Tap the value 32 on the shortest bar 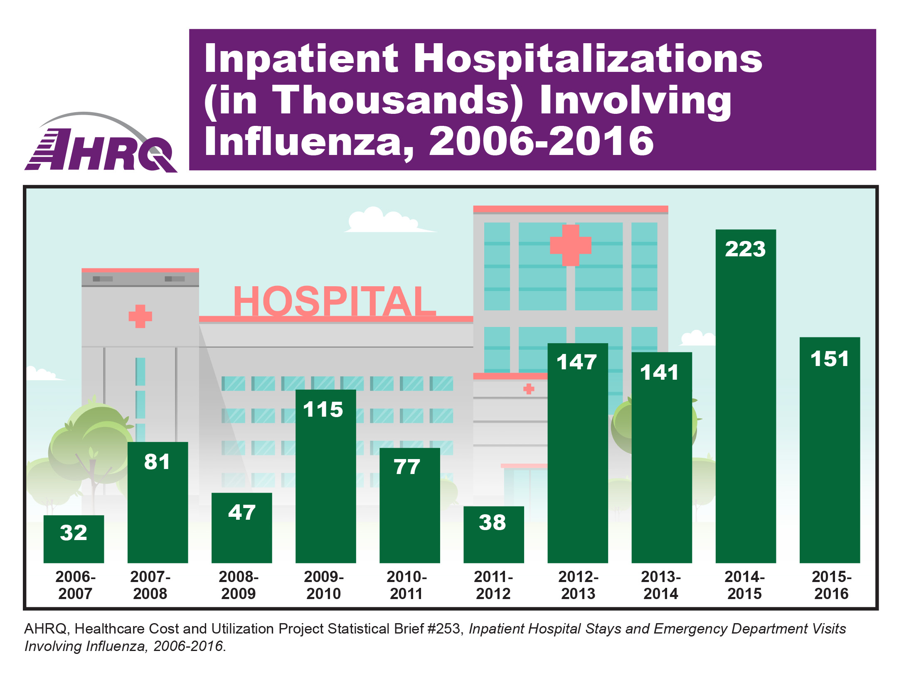coord(74,533)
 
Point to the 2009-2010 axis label coord(324,585)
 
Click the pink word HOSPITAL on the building coord(335,301)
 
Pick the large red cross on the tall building coord(570,245)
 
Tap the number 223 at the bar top coord(745,249)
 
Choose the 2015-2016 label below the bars coord(831,585)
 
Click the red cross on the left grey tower coord(140,316)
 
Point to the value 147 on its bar coord(577,362)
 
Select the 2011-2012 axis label coord(493,585)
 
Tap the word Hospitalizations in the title coord(588,59)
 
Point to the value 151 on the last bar coord(830,359)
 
